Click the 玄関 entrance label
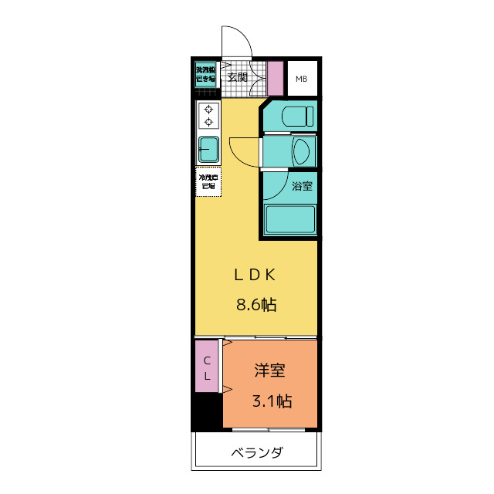tap(237, 77)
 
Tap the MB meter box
tap(301, 78)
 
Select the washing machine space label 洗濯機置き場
tap(205, 73)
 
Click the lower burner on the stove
tap(208, 123)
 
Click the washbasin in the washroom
tap(302, 150)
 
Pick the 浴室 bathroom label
tap(302, 186)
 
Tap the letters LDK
tap(255, 275)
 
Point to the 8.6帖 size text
tap(255, 304)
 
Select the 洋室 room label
tap(270, 370)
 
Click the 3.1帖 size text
tap(272, 401)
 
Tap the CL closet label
tap(207, 368)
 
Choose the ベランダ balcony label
tap(255, 452)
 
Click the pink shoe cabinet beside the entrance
tap(276, 77)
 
